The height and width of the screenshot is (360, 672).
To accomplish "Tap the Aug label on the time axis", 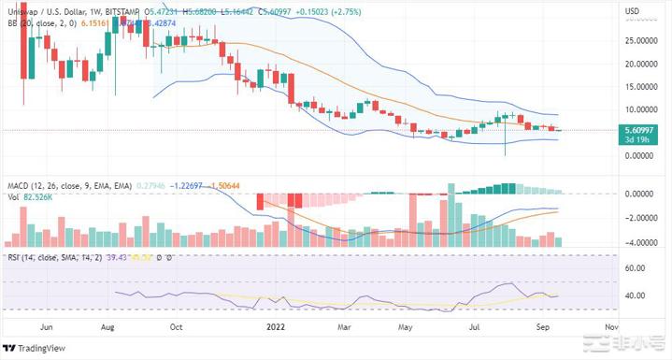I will point(108,328).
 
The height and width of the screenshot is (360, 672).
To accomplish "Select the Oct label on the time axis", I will point(176,328).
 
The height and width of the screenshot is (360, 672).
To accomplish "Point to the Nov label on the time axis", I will point(612,328).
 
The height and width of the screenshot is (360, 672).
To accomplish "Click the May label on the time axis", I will point(406,328).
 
